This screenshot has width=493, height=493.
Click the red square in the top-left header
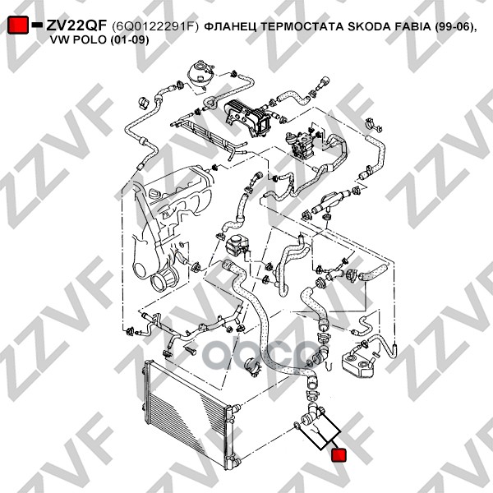pos(17,26)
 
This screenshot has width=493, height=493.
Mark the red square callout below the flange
pos(339,454)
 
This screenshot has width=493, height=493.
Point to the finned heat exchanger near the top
pos(241,113)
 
